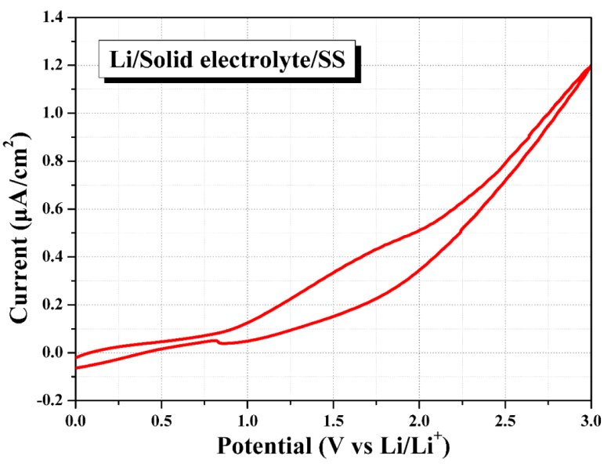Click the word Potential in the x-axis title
click(263, 446)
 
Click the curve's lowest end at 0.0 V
click(76, 367)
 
